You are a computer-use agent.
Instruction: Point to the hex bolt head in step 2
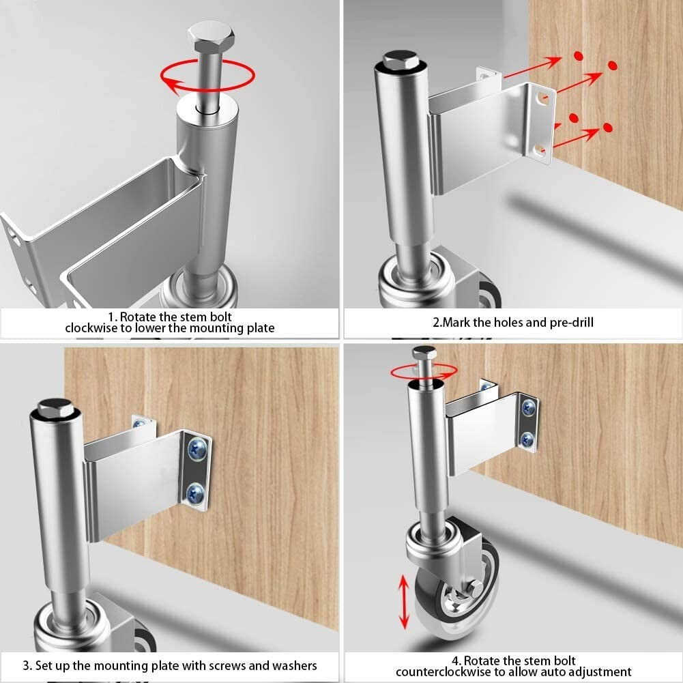click(x=400, y=60)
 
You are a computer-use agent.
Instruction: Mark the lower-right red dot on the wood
click(x=608, y=127)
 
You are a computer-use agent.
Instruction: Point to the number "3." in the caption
click(x=27, y=665)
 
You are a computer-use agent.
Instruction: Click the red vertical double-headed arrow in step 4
click(x=403, y=601)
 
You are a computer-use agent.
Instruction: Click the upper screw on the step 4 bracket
click(x=529, y=409)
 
